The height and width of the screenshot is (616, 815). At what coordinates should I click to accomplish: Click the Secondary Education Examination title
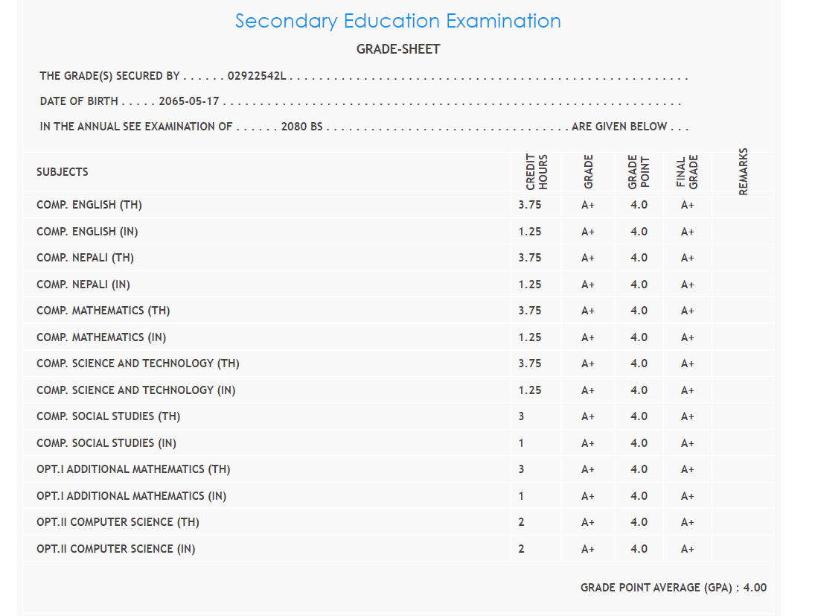tap(398, 21)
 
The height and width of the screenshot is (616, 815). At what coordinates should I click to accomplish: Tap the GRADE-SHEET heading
tap(398, 49)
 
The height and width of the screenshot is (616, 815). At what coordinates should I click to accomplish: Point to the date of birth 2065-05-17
tap(189, 101)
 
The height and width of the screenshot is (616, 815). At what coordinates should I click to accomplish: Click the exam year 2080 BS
tap(301, 127)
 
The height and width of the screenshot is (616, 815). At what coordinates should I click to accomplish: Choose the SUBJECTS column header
tap(63, 172)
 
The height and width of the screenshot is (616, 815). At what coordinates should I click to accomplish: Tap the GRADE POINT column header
tap(639, 172)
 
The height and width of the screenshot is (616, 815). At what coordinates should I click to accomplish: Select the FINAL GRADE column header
tap(687, 172)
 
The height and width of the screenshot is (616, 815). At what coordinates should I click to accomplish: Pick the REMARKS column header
tap(743, 172)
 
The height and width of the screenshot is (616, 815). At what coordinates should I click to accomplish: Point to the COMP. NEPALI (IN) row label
tap(83, 285)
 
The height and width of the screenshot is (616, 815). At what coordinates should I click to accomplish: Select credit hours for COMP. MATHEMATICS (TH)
tap(530, 311)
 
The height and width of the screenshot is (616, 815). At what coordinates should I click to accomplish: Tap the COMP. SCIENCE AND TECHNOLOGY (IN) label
tap(136, 390)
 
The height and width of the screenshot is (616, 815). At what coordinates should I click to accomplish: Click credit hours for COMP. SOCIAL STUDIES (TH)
tap(521, 416)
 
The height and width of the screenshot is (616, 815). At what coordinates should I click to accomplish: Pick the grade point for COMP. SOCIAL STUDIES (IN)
tap(639, 443)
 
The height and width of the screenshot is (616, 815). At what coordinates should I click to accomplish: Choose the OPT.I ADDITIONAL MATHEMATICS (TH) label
tap(133, 469)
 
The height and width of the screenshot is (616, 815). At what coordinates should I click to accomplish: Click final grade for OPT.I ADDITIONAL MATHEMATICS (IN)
tap(687, 496)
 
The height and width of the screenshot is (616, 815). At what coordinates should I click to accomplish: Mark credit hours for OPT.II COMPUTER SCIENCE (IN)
tap(521, 549)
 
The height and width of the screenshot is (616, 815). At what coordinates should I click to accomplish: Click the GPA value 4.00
tap(755, 588)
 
